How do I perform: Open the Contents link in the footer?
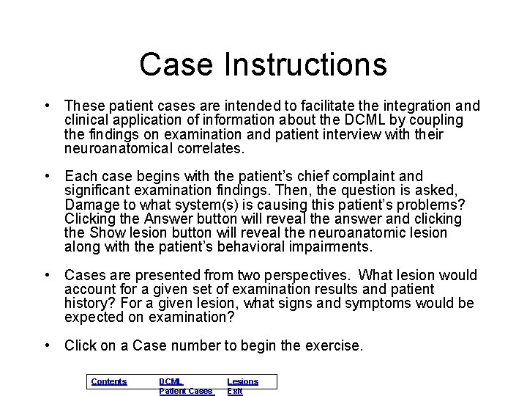coord(109,381)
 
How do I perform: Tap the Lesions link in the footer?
coord(242,381)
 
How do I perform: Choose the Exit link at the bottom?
coord(235,391)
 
